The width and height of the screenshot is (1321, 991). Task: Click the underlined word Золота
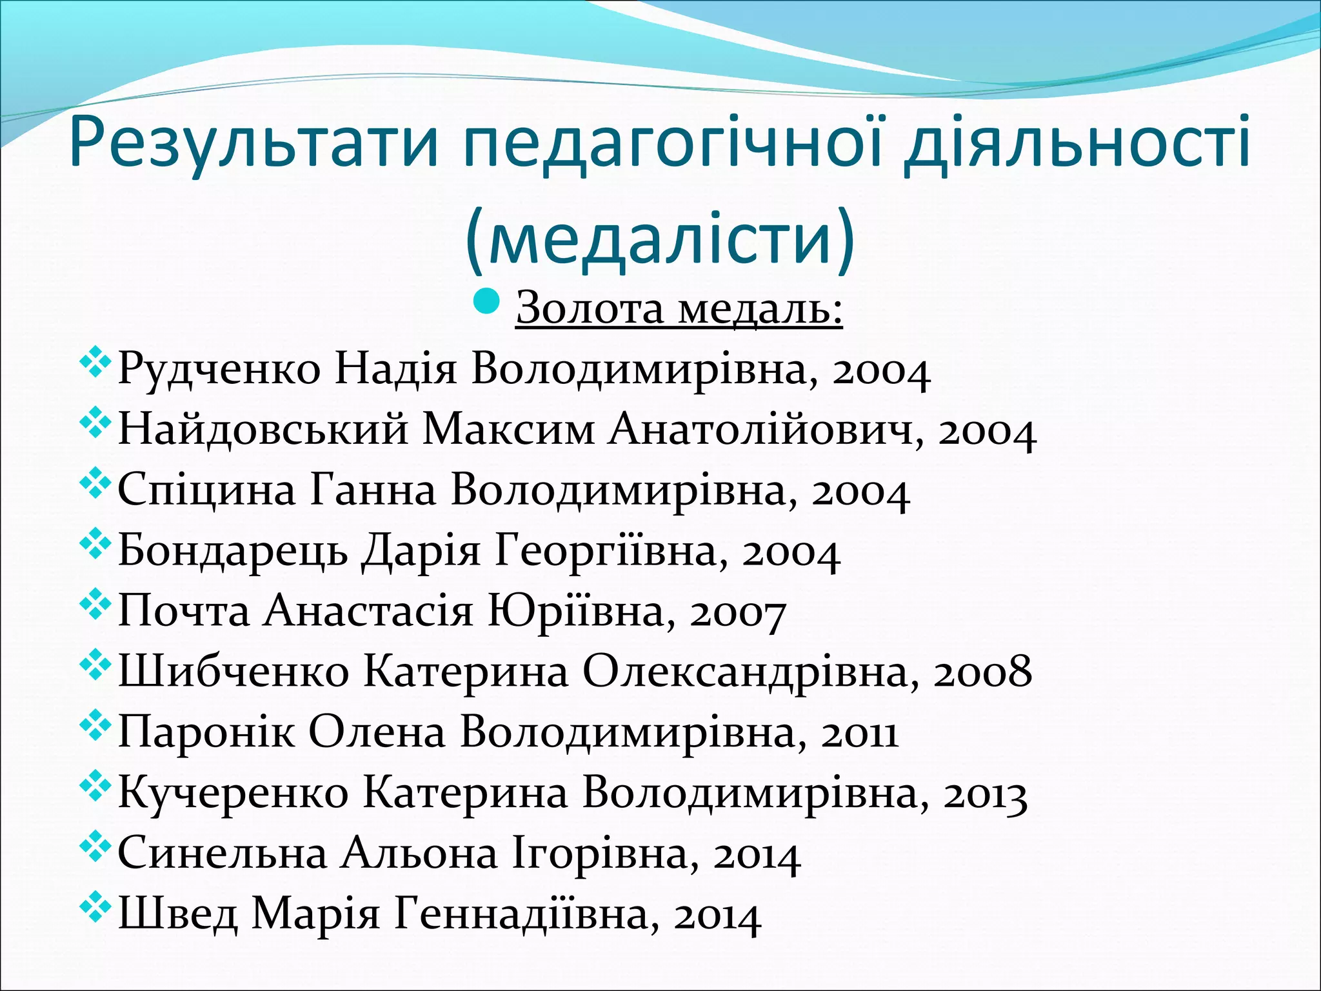pos(590,308)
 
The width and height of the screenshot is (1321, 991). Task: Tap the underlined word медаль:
pos(760,308)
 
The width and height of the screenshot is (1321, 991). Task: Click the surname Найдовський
pos(263,430)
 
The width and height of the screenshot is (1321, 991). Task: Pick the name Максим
pos(508,430)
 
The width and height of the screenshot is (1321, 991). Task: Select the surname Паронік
pos(206,733)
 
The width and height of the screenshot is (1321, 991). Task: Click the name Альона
pos(419,854)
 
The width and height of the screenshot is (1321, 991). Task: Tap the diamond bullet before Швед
pos(95,908)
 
